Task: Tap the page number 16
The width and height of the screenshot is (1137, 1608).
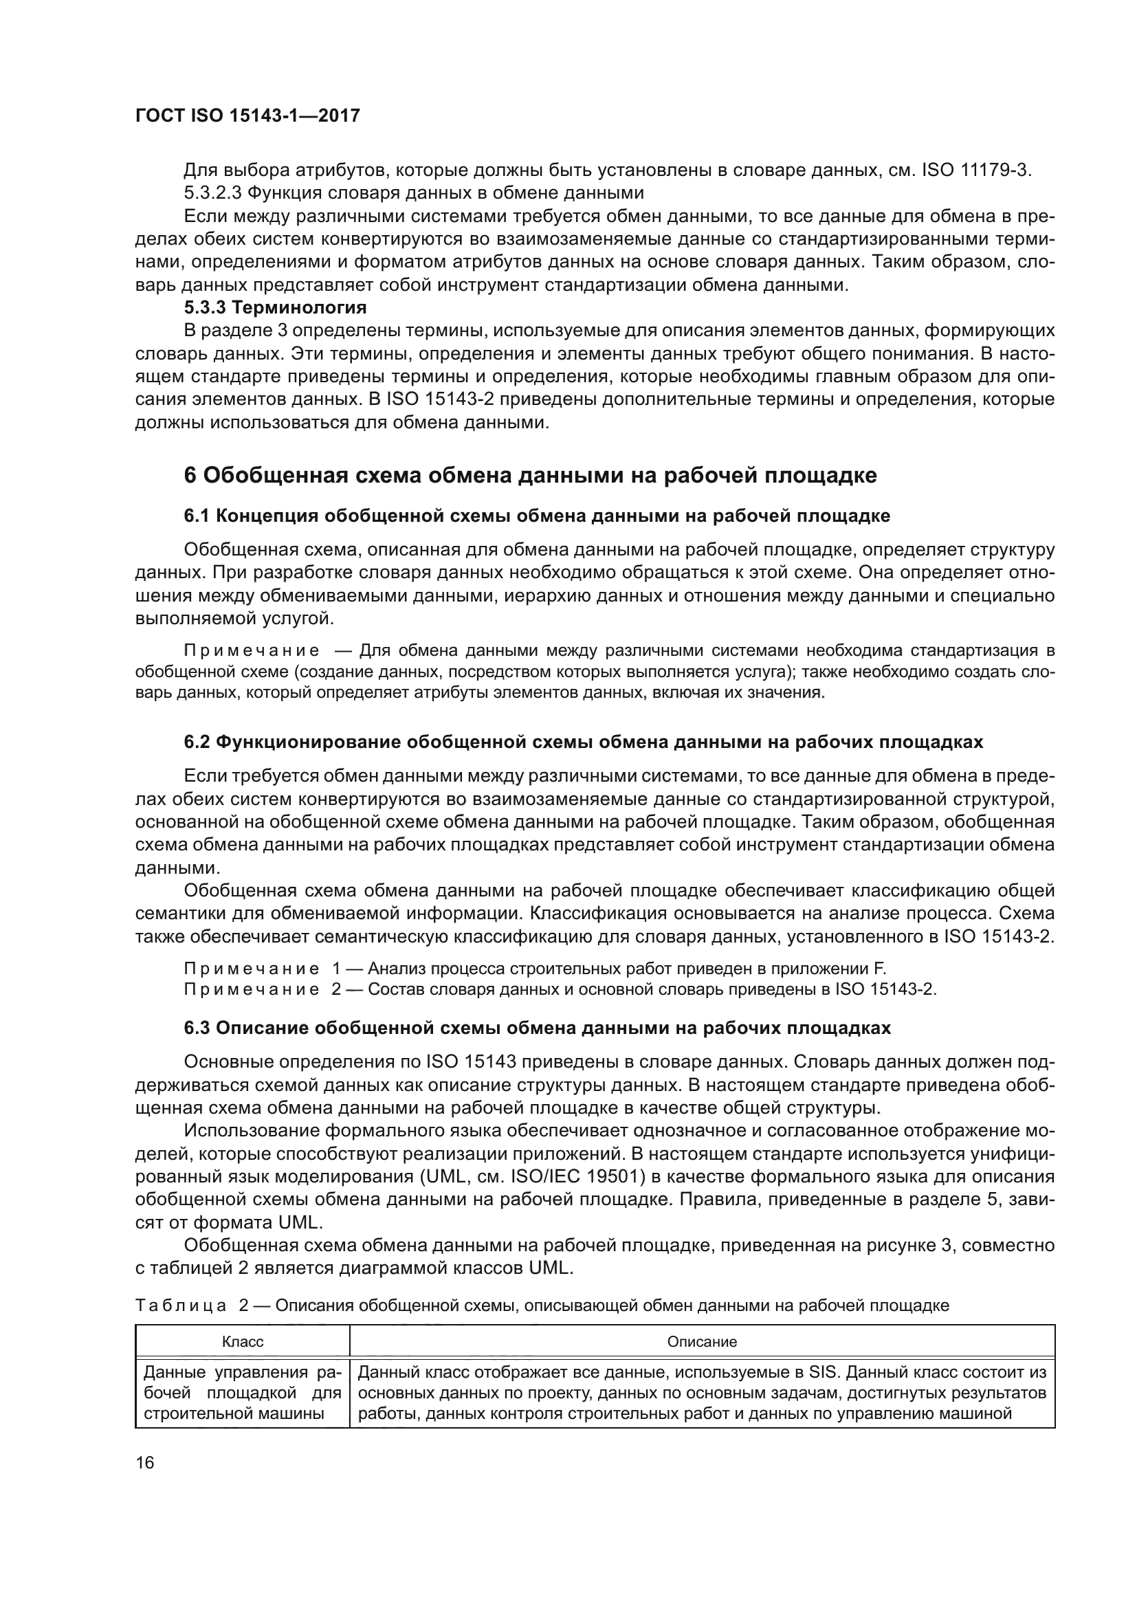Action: pos(145,1462)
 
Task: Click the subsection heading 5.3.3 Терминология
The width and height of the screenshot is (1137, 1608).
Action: pos(275,307)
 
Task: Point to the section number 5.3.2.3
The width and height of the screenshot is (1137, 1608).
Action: pos(211,192)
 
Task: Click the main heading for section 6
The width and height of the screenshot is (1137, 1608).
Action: pos(530,476)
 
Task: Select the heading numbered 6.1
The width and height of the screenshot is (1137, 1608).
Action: pos(537,516)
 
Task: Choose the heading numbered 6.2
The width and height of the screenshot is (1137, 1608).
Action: pos(583,742)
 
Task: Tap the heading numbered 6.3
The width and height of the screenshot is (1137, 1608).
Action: pos(537,1028)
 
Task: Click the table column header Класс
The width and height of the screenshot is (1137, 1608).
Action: pos(242,1342)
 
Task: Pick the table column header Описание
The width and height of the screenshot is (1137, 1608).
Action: pos(702,1342)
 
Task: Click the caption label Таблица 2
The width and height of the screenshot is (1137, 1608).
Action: pos(192,1306)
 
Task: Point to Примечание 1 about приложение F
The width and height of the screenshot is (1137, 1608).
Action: pos(535,969)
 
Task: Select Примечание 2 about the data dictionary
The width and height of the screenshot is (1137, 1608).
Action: pos(560,989)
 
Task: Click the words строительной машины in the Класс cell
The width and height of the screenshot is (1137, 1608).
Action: pos(234,1413)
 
